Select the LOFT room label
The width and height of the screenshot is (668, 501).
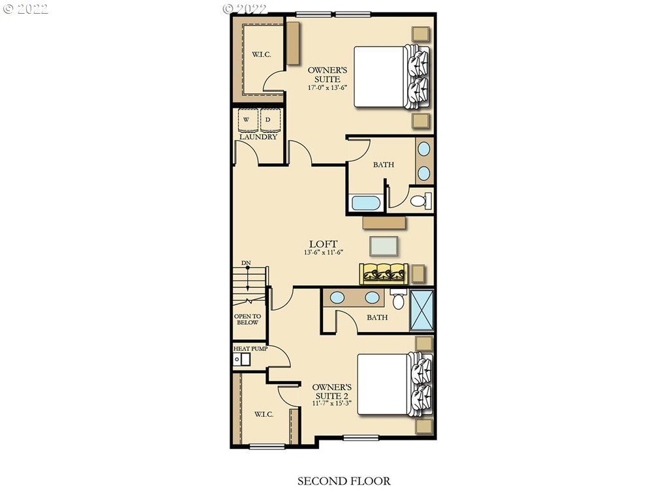click(x=324, y=244)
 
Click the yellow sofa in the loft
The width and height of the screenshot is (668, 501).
click(x=384, y=273)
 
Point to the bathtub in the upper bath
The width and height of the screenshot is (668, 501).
click(x=366, y=203)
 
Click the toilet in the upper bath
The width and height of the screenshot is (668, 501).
click(x=421, y=200)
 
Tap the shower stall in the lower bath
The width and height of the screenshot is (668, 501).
click(x=421, y=310)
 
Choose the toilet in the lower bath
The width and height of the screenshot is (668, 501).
click(x=399, y=299)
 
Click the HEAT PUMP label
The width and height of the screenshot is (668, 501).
click(x=250, y=348)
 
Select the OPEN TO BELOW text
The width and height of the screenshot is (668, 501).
click(x=247, y=320)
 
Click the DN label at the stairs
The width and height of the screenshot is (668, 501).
click(x=246, y=263)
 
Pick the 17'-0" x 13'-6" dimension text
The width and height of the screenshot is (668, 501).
click(x=327, y=88)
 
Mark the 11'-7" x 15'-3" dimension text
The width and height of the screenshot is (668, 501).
click(x=332, y=403)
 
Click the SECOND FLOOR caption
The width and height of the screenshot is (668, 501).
click(x=344, y=481)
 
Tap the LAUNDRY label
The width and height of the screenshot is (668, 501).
click(x=258, y=137)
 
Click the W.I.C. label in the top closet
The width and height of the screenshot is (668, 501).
click(x=261, y=55)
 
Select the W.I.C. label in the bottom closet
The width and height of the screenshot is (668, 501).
click(x=264, y=414)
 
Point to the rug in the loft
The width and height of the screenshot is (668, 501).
click(x=384, y=246)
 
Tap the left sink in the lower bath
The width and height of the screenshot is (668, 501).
click(x=337, y=297)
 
